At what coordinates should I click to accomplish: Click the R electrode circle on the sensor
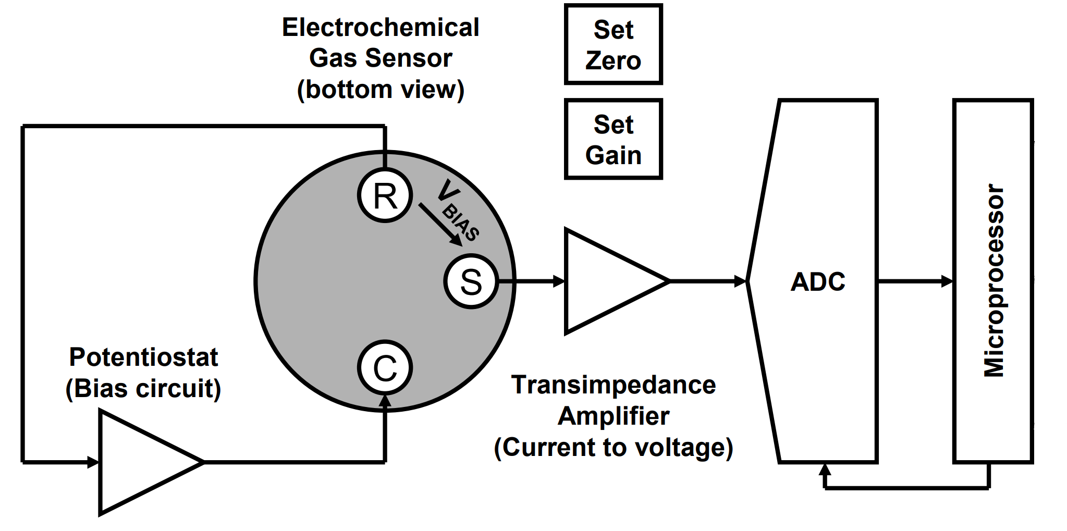click(x=385, y=196)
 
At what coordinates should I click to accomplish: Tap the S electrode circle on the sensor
click(x=471, y=281)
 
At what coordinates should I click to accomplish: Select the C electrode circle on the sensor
click(x=385, y=368)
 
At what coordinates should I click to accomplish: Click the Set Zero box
click(x=613, y=45)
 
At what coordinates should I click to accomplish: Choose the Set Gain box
click(x=613, y=140)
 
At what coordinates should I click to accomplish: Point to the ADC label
click(x=818, y=282)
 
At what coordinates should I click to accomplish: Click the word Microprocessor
click(x=994, y=281)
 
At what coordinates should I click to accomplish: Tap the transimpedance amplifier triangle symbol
click(x=610, y=281)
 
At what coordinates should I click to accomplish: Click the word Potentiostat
click(x=143, y=357)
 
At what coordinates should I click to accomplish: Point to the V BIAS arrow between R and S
click(x=440, y=224)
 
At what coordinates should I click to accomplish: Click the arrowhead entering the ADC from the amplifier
click(x=740, y=281)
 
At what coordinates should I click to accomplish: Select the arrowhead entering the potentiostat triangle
click(x=93, y=462)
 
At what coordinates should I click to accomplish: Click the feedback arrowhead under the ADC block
click(x=825, y=470)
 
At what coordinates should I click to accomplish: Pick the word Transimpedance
click(x=614, y=385)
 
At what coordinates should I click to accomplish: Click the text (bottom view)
click(x=381, y=90)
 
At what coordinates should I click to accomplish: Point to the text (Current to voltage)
click(x=614, y=448)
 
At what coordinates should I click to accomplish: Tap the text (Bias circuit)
click(x=143, y=389)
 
